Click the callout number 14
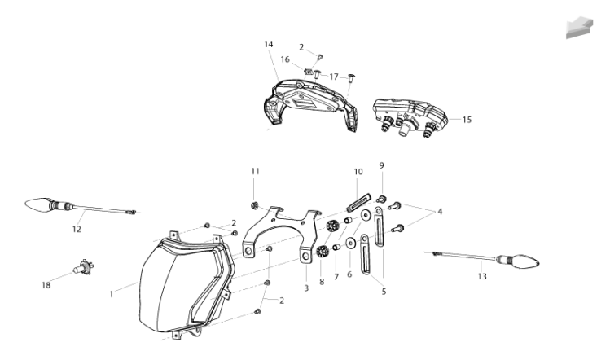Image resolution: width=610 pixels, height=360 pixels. click(269, 44)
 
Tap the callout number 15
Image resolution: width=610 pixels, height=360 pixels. click(467, 120)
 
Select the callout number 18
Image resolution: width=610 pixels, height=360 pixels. click(46, 285)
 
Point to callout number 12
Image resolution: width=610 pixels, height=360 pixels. click(77, 229)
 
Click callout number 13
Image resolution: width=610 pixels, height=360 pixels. click(482, 277)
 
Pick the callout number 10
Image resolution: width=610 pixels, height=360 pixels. click(358, 172)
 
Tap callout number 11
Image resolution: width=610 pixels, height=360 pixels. click(255, 171)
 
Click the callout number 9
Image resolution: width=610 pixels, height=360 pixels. click(382, 165)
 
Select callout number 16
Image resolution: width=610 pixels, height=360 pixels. click(285, 59)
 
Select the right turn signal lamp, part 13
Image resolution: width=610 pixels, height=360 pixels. click(481, 260)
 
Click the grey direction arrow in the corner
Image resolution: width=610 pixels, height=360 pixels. click(579, 27)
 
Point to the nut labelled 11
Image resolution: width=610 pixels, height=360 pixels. click(255, 204)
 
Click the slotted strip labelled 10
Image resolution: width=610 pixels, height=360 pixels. click(358, 202)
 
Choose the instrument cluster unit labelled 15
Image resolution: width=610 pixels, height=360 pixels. click(410, 117)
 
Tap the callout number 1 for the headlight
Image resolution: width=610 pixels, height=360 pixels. click(112, 294)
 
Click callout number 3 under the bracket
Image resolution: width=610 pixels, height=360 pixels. click(306, 288)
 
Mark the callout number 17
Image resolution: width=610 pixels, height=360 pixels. click(334, 77)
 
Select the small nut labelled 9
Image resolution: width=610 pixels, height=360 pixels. click(382, 200)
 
